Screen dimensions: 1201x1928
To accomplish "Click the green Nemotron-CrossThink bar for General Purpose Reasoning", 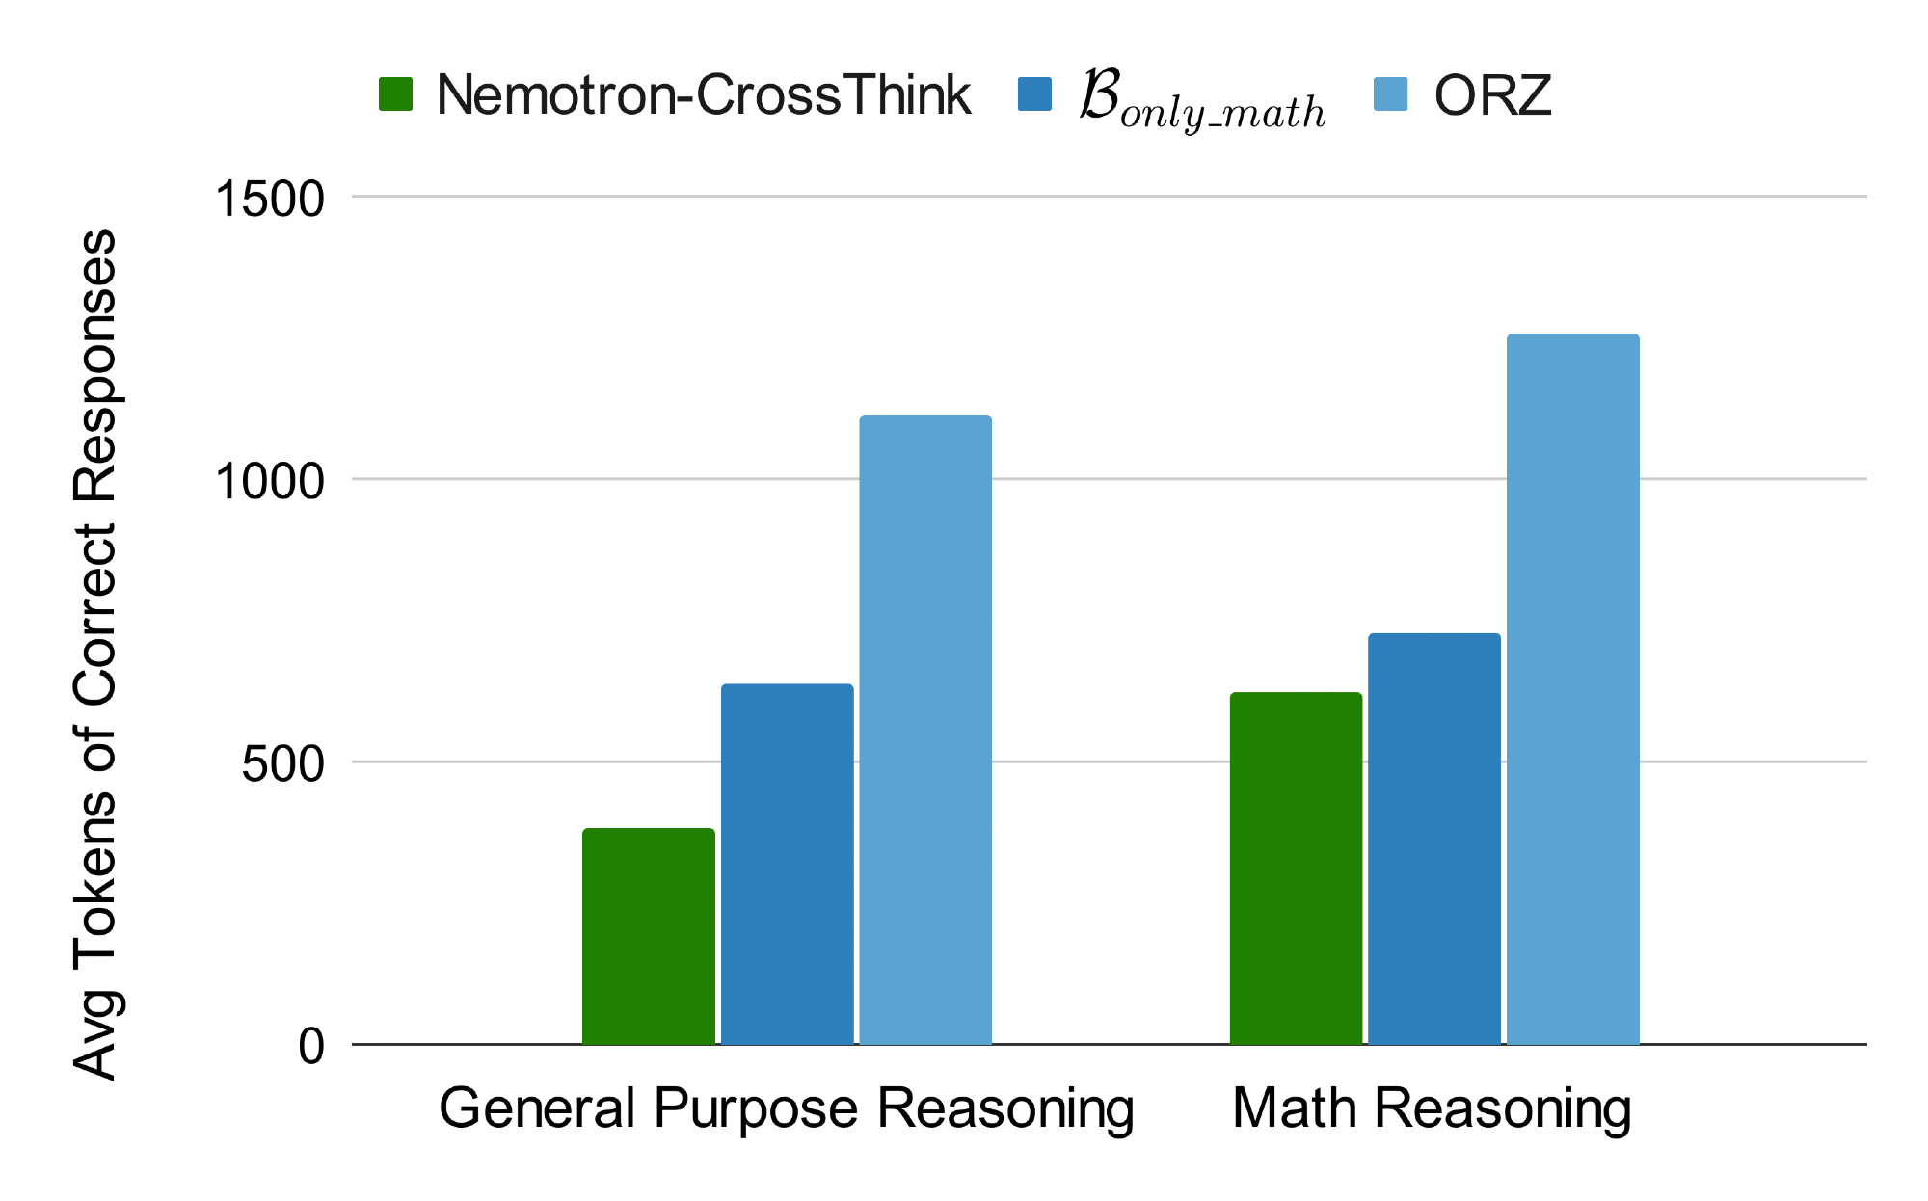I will click(649, 936).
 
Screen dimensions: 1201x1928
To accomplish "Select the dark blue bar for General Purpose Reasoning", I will click(788, 864).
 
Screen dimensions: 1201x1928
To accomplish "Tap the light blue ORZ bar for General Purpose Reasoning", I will click(925, 730).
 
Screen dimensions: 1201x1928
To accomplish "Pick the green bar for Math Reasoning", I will click(1296, 867).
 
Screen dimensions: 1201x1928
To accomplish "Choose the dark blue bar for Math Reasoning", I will click(1434, 839).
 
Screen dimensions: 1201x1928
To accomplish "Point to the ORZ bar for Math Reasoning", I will click(1572, 688).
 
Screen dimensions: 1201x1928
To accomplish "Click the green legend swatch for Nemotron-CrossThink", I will click(395, 94).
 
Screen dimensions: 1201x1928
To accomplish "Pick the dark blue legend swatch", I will click(1034, 94).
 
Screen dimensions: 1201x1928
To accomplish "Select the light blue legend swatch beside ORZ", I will click(1390, 94).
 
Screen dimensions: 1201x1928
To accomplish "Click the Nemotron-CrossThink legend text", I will click(703, 95).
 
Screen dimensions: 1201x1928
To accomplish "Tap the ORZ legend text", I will click(1492, 95).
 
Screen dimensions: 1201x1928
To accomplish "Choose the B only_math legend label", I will click(1202, 100).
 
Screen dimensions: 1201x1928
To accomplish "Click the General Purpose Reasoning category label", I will click(786, 1108).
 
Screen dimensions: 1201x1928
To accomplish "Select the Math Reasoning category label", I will click(1432, 1108).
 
